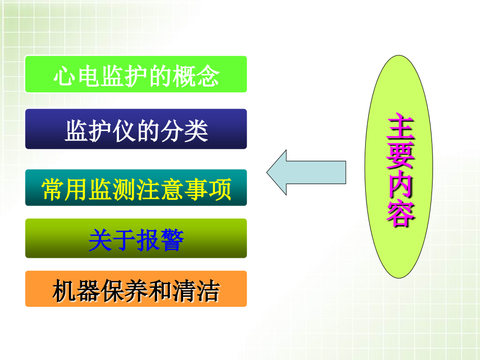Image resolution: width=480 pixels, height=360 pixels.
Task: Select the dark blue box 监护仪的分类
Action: (136, 129)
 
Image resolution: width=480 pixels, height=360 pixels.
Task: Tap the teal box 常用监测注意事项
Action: (136, 188)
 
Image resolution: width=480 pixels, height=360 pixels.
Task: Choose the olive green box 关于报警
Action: (136, 238)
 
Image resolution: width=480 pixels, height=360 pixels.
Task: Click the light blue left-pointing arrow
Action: (306, 173)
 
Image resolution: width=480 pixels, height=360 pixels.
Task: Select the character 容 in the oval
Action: (400, 213)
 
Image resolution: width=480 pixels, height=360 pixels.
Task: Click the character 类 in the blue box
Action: (198, 130)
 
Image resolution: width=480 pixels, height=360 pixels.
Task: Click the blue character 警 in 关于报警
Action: (172, 241)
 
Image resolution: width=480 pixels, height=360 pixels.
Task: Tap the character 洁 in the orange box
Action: (209, 291)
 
